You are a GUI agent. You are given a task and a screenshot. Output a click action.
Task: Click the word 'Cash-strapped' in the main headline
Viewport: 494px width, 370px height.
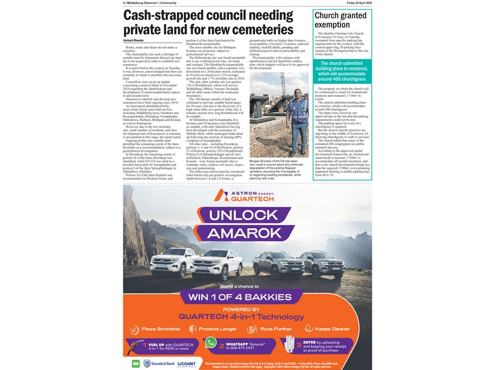165,16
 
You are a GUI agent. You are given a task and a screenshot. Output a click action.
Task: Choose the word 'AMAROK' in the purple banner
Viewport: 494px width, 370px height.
248,234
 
